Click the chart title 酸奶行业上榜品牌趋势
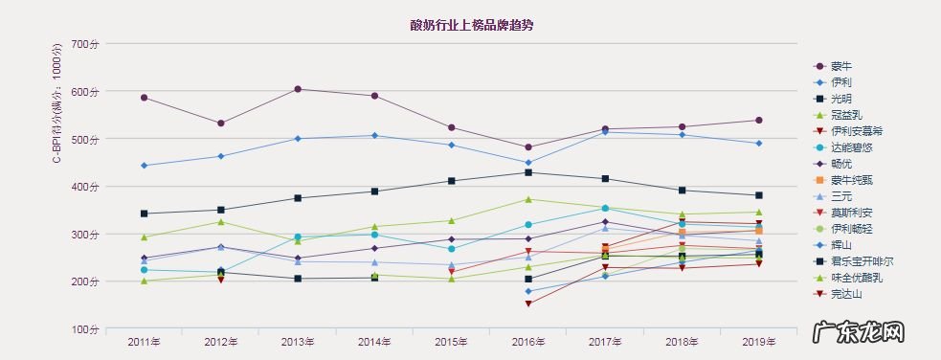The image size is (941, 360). coord(471,25)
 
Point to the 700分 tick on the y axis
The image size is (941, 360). coord(85,45)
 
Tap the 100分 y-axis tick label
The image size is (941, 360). coord(85,329)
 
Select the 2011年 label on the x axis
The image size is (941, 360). coord(144,342)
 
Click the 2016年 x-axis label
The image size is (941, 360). coord(527,342)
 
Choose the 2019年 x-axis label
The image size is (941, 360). coord(758,342)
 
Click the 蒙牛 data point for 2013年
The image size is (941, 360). coord(298,89)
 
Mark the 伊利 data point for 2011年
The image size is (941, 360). coord(144,166)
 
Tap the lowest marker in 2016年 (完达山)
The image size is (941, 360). coord(527,304)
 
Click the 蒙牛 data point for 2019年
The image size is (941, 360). coord(758,120)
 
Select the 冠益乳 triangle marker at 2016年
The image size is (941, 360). coord(527,199)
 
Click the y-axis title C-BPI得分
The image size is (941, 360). coord(56,103)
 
